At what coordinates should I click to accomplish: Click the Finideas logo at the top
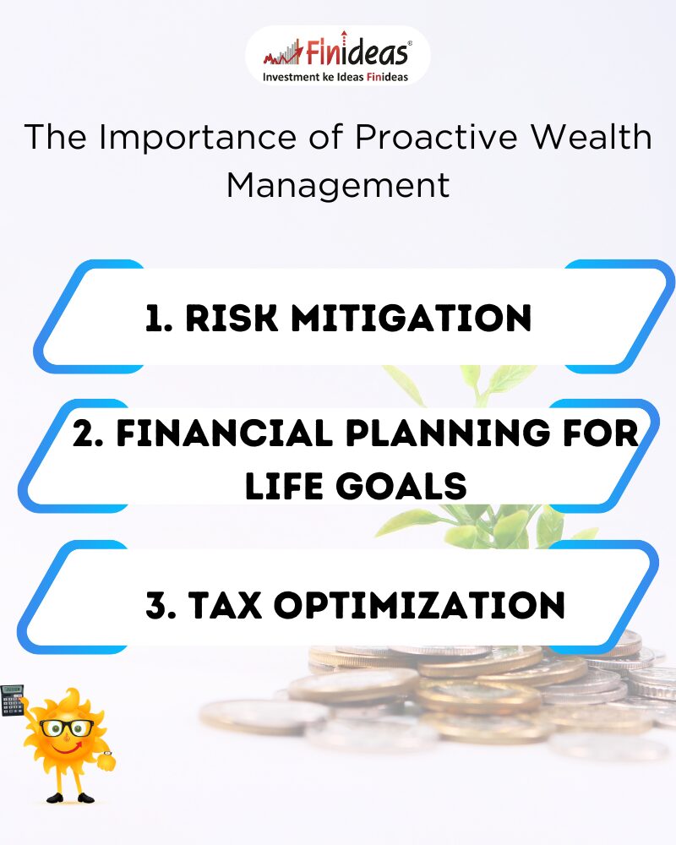click(337, 56)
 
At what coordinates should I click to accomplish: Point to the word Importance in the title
click(197, 138)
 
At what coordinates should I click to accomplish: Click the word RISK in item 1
click(232, 318)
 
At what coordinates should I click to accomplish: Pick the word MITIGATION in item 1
click(412, 318)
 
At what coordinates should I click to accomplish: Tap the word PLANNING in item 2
click(448, 433)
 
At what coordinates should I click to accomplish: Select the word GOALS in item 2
click(401, 486)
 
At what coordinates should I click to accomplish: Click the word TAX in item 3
click(226, 605)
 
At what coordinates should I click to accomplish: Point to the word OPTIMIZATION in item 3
click(419, 605)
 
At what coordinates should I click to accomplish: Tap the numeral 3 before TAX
click(155, 605)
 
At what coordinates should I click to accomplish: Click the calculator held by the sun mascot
click(13, 700)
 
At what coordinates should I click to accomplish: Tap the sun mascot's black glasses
click(67, 728)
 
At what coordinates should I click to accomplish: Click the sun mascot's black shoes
click(70, 798)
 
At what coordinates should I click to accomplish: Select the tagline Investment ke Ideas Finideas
click(335, 77)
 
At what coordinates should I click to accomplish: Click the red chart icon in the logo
click(283, 52)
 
